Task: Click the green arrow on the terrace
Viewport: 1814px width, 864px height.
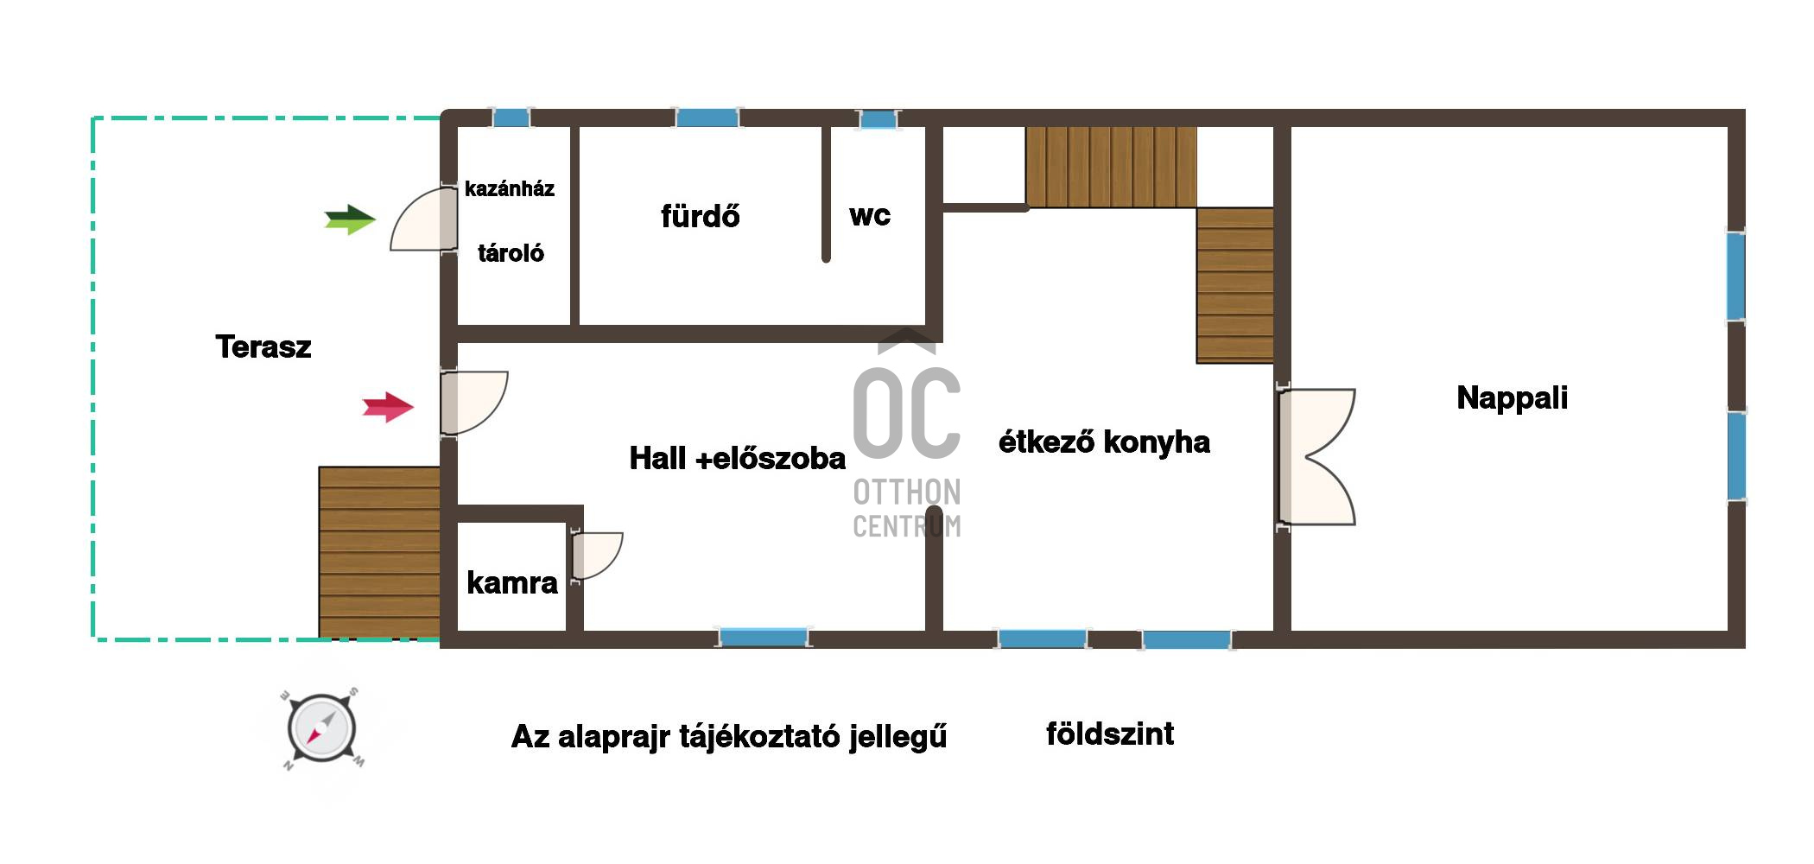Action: pos(350,219)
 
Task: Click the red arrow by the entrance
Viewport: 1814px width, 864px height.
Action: pos(388,406)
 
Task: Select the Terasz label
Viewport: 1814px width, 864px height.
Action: pos(263,347)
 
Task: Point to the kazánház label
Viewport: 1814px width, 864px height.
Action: pos(510,189)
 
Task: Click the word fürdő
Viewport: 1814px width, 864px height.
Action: pos(701,215)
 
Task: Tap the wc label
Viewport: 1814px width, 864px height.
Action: pos(870,215)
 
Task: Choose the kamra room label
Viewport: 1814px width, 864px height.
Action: pos(512,583)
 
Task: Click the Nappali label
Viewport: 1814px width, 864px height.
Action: pos(1512,398)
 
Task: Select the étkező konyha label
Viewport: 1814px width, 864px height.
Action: pos(1104,442)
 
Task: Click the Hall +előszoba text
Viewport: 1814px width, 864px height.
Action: pos(737,459)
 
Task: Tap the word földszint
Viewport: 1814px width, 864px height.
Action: pos(1110,734)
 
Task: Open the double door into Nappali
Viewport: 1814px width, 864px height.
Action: pos(1316,457)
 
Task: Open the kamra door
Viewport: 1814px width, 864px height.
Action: pos(596,556)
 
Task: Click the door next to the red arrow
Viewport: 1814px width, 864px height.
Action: pos(473,403)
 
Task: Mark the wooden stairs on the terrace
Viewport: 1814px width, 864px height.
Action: pos(379,552)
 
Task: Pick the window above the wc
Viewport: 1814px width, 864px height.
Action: pos(878,119)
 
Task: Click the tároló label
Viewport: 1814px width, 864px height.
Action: pos(511,253)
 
